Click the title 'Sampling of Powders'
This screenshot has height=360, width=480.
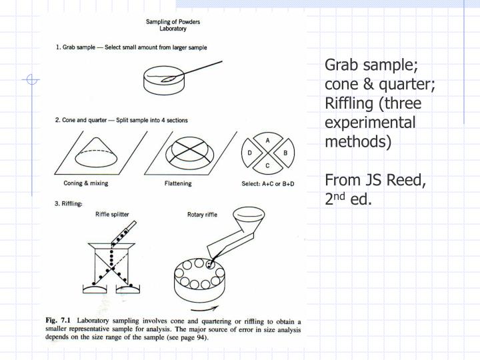pyautogui.click(x=173, y=22)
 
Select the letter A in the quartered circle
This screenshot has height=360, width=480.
pyautogui.click(x=267, y=141)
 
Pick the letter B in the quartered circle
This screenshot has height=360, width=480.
pyautogui.click(x=285, y=153)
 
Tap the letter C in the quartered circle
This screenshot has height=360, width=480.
pyautogui.click(x=267, y=165)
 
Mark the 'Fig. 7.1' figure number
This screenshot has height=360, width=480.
pyautogui.click(x=58, y=321)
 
